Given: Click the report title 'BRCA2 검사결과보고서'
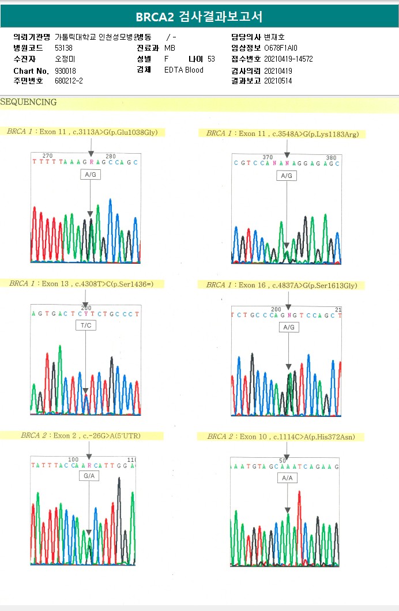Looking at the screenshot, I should (199, 16).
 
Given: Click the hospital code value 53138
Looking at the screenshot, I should (63, 48).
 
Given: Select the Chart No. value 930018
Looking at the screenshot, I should (65, 70).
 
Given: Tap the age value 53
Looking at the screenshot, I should (211, 59).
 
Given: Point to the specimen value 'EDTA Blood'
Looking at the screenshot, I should (184, 70).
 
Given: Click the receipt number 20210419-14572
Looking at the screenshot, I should (288, 59).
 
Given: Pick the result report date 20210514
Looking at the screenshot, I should (278, 81).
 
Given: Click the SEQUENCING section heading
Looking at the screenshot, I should (28, 103).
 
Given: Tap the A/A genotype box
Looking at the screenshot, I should (287, 478).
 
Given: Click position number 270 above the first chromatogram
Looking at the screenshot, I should (47, 156).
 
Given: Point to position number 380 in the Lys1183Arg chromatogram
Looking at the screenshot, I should (330, 157).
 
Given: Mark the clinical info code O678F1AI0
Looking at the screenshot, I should (281, 48).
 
